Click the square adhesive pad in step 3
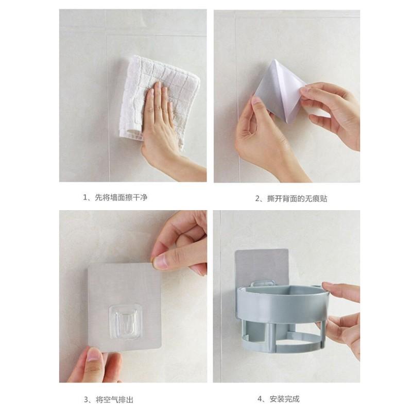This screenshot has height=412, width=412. [x=124, y=306]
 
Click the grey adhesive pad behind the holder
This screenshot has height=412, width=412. [x=262, y=265]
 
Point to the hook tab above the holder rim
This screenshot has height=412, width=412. [x=263, y=283]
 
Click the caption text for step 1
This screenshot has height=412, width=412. [x=115, y=197]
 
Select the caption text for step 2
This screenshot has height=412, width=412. [x=291, y=198]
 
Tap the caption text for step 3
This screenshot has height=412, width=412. [x=109, y=400]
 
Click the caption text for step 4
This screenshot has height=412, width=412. [x=279, y=399]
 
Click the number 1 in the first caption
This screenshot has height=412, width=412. [x=85, y=197]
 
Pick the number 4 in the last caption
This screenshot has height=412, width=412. [x=260, y=399]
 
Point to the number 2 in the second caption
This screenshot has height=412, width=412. [x=257, y=198]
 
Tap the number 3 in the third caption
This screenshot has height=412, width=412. [x=86, y=400]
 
